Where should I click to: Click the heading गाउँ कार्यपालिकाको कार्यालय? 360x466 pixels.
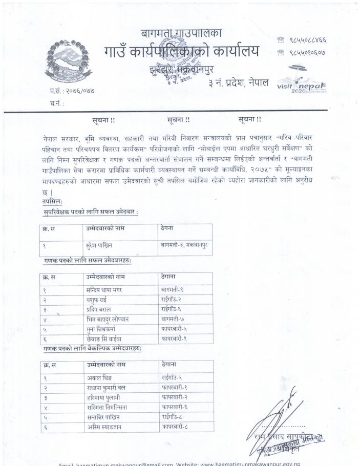point(181,52)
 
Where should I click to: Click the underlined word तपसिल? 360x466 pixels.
point(53,201)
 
